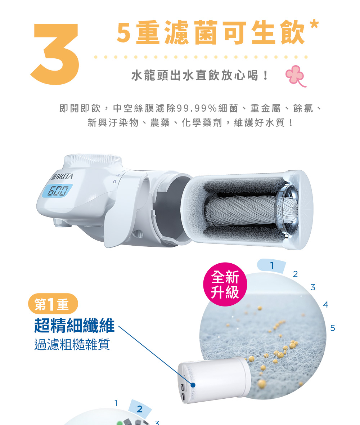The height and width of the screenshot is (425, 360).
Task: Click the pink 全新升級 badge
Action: click(225, 284)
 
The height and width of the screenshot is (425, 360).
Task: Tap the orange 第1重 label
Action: click(53, 304)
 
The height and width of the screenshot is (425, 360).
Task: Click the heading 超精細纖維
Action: click(75, 325)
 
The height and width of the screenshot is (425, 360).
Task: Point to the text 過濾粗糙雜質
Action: click(72, 344)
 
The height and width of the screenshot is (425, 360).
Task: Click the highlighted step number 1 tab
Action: click(272, 265)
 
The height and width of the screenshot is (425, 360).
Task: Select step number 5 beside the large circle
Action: click(333, 328)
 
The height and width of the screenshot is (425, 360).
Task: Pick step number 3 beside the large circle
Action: click(313, 287)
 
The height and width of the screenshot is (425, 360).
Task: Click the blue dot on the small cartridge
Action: click(193, 385)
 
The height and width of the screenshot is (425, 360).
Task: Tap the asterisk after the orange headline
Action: click(314, 24)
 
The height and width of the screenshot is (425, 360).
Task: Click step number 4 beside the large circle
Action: click(326, 305)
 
